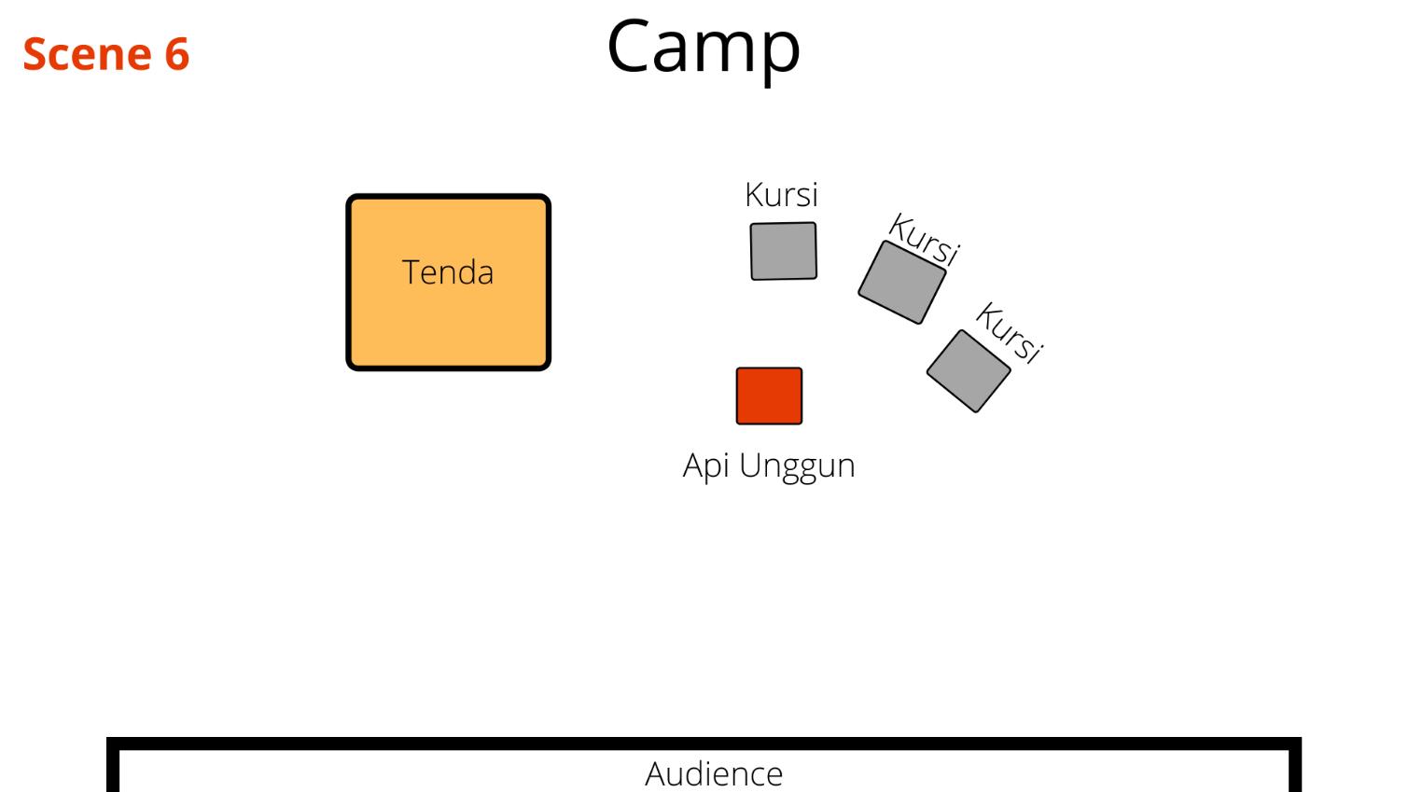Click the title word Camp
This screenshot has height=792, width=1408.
tap(704, 47)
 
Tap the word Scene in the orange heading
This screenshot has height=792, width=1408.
tap(87, 54)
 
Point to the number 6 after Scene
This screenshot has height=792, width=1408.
tap(177, 54)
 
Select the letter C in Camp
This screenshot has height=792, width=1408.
tap(632, 46)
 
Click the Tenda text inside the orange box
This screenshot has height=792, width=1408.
tap(448, 272)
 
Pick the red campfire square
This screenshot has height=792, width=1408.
tap(769, 396)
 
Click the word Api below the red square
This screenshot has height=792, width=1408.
tap(706, 465)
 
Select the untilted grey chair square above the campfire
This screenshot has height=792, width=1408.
tap(784, 251)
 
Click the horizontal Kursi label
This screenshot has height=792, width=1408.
tap(781, 195)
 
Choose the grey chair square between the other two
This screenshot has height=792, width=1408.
tap(901, 282)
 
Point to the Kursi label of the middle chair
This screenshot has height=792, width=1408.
tap(924, 239)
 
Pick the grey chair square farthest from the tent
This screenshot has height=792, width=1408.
tap(969, 370)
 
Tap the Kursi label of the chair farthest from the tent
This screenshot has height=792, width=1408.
tap(1009, 332)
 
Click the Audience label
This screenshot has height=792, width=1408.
tap(714, 773)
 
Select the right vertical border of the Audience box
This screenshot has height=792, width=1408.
tap(1296, 767)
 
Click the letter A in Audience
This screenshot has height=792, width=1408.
tap(656, 773)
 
